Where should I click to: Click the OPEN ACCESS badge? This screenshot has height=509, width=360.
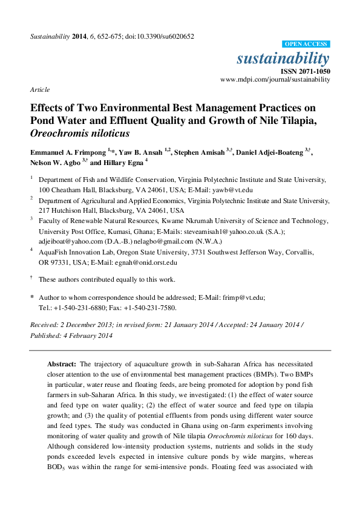tap(306, 44)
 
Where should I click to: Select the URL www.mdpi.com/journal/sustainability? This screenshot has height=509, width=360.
tap(275, 79)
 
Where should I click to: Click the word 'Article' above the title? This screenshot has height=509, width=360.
tap(39, 89)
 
